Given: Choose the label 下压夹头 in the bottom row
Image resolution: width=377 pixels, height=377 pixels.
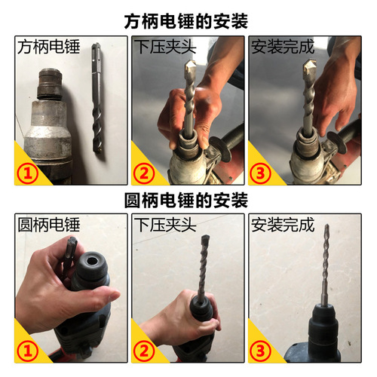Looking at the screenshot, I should [x=164, y=224].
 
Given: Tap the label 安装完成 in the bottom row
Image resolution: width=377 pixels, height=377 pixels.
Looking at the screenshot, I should [x=281, y=224].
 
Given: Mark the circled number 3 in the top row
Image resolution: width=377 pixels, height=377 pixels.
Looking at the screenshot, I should [x=261, y=173].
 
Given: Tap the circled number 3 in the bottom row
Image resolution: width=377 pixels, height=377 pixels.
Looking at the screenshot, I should [x=261, y=351].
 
